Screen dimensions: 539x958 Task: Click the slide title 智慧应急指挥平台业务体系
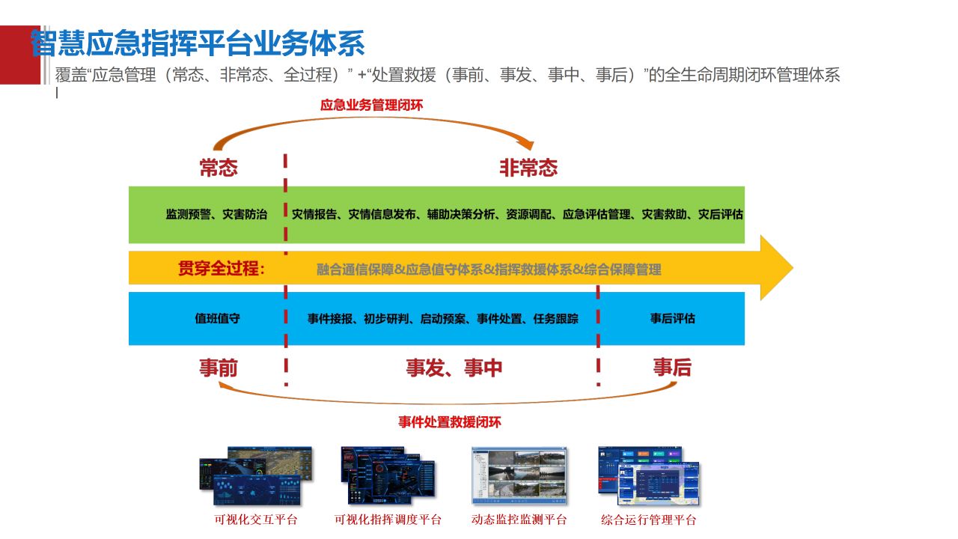point(198,43)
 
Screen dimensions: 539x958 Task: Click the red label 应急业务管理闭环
point(371,106)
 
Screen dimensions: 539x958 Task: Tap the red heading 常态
point(219,168)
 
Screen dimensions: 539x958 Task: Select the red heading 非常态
point(528,168)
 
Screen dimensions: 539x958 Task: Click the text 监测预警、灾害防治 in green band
point(216,214)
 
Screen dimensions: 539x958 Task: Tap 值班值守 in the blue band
point(218,318)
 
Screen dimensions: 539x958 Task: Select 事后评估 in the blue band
point(672,318)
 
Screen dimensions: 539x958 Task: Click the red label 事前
point(219,368)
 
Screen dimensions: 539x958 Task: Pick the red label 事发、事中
point(454,368)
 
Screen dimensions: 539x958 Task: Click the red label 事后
point(672,368)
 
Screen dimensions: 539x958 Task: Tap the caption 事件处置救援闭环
point(449,422)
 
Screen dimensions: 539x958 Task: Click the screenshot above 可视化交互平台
point(255,476)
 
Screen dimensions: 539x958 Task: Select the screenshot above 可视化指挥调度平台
point(387,476)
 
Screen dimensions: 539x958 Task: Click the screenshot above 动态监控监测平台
point(519,476)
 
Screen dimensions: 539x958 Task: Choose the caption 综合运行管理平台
point(648,520)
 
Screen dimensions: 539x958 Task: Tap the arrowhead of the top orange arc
point(529,144)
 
